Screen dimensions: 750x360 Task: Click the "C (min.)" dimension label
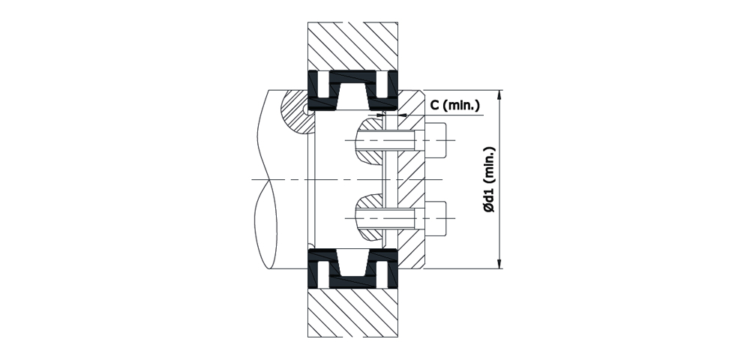pos(454,105)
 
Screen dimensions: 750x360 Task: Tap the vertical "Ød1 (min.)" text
pos(488,179)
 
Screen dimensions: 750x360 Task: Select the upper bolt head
pos(436,140)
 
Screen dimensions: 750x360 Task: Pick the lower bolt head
pos(436,218)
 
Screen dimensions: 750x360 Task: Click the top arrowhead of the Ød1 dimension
pos(499,94)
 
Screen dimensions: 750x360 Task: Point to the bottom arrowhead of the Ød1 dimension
pos(499,263)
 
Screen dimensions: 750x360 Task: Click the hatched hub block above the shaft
pos(352,46)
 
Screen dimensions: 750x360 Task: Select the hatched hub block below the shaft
pos(352,313)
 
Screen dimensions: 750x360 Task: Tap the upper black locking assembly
pos(352,90)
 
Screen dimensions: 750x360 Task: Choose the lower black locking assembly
pos(352,268)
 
